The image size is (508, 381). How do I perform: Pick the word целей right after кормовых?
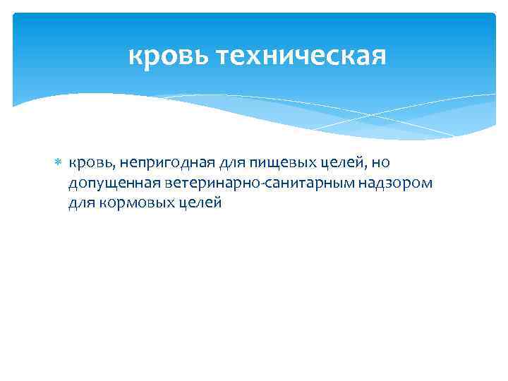pos(202,204)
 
